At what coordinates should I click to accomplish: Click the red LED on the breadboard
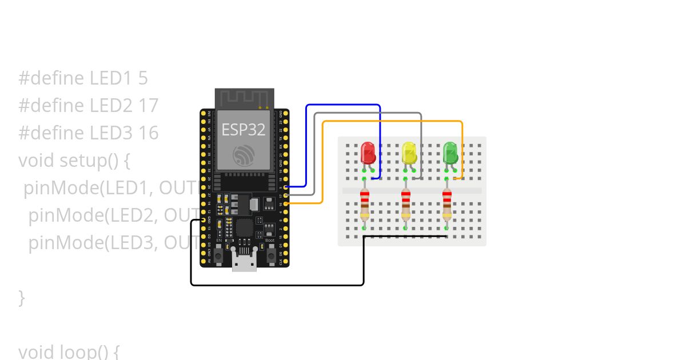pos(368,153)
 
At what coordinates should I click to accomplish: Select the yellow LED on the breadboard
pos(409,153)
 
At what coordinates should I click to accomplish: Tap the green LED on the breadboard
pos(450,153)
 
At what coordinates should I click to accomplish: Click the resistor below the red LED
pos(364,206)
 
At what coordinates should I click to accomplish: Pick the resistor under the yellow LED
pos(405,206)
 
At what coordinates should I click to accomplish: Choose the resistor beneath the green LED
pos(446,206)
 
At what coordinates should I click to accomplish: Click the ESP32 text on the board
pos(244,130)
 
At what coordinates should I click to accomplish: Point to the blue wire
pos(343,105)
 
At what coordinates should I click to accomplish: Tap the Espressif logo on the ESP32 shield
pos(244,154)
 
